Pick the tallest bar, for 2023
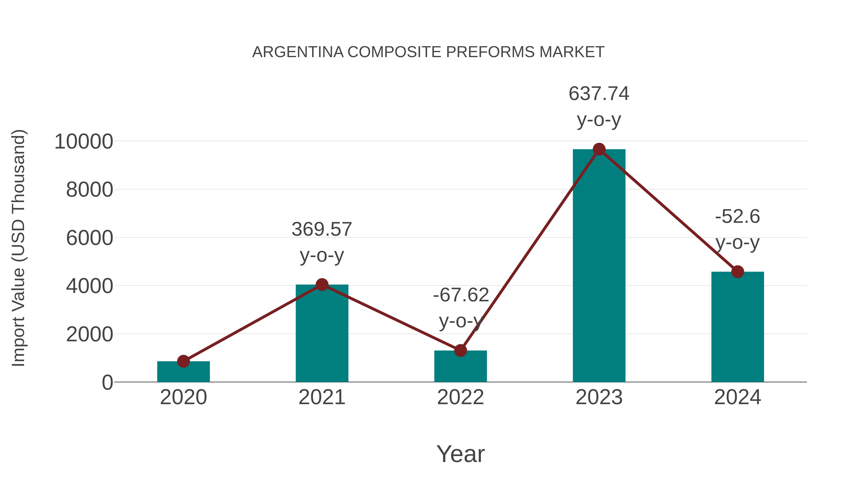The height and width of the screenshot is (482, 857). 599,266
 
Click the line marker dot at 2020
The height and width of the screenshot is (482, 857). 183,361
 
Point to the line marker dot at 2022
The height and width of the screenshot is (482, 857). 460,350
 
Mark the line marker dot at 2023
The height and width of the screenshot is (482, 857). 599,149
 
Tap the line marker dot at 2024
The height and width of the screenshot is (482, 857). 737,272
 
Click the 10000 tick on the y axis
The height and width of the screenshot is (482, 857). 84,141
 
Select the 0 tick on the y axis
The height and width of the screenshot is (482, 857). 107,382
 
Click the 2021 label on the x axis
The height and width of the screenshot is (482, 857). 322,397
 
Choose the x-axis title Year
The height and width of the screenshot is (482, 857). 460,454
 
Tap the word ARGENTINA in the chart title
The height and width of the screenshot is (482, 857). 298,52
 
